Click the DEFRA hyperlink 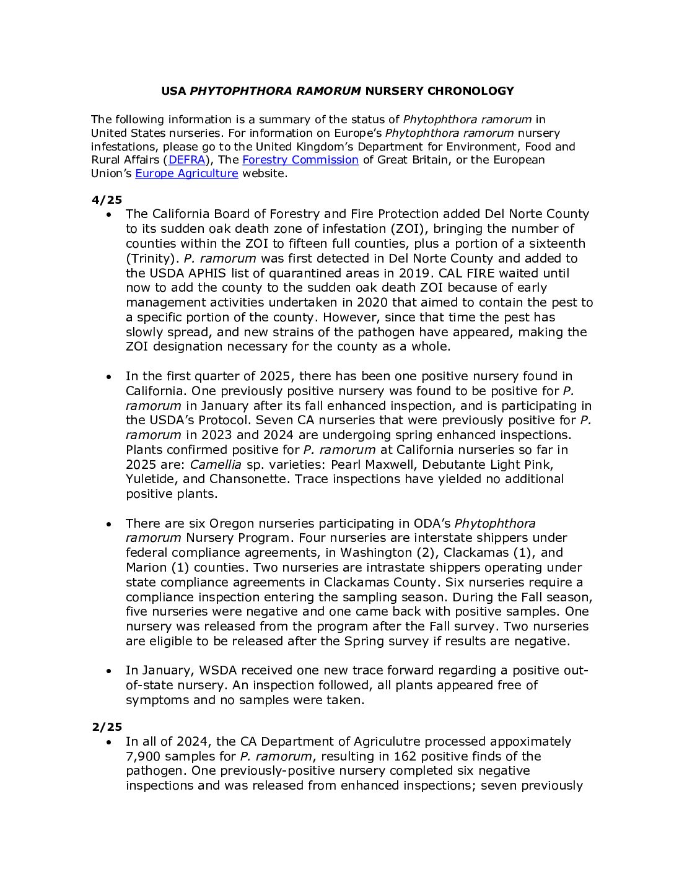tap(186, 160)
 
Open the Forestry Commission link tap(300, 160)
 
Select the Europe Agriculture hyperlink tap(186, 173)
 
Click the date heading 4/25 tap(107, 199)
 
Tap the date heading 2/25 tap(107, 726)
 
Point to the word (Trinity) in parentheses tap(152, 258)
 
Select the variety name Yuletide tap(153, 479)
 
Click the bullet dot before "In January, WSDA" tap(109, 671)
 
